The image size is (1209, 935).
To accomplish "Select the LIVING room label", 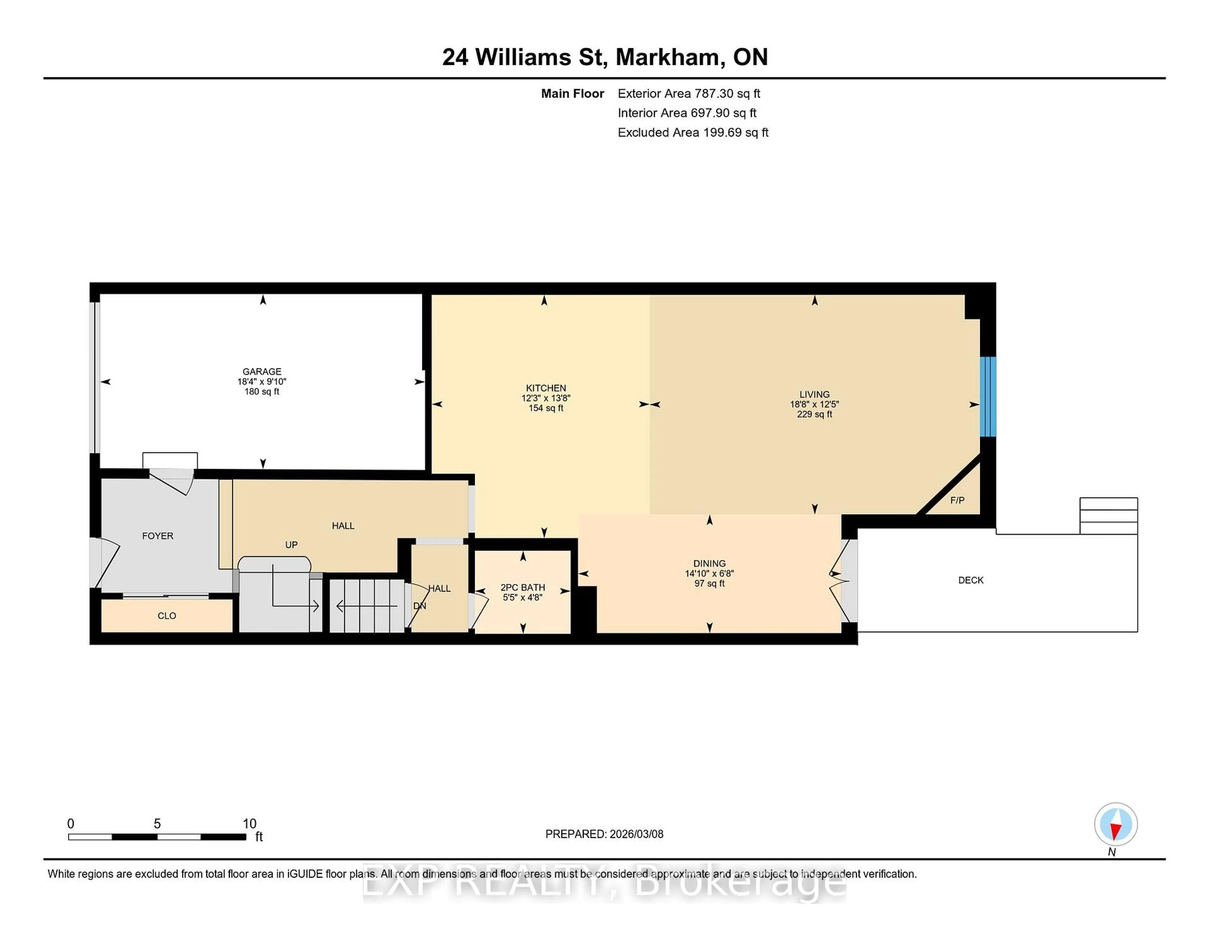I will (814, 394).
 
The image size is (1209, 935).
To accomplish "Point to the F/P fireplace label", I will (957, 500).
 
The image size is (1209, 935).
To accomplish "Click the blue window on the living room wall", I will (988, 397).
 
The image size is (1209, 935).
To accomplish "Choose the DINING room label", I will (709, 563).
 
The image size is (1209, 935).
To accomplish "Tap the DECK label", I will (970, 580).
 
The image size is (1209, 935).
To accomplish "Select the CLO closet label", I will (167, 615).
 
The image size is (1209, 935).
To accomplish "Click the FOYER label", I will (158, 536).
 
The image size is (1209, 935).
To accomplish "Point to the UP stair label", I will (291, 544).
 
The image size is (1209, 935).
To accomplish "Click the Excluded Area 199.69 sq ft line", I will (693, 132).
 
